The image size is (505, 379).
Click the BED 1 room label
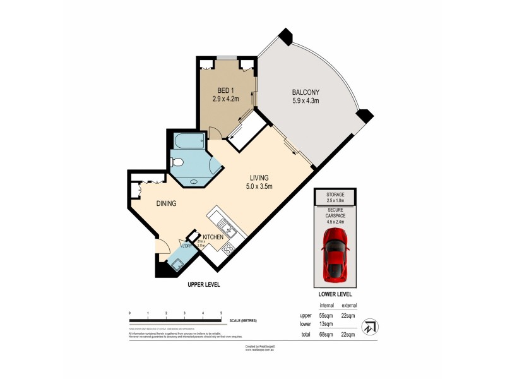pos(223,90)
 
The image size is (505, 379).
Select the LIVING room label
pos(259,177)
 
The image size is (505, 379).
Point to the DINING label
pos(166,203)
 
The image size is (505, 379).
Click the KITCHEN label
pos(213,236)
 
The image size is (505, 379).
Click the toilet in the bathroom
pos(177,162)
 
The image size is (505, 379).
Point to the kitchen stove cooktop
pos(227,249)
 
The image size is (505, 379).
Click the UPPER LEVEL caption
pos(203,286)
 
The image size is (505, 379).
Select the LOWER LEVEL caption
pos(335,294)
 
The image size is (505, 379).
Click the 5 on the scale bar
pos(221,313)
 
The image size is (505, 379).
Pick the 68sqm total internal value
pos(326,334)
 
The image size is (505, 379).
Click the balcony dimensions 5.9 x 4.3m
pos(306,100)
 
